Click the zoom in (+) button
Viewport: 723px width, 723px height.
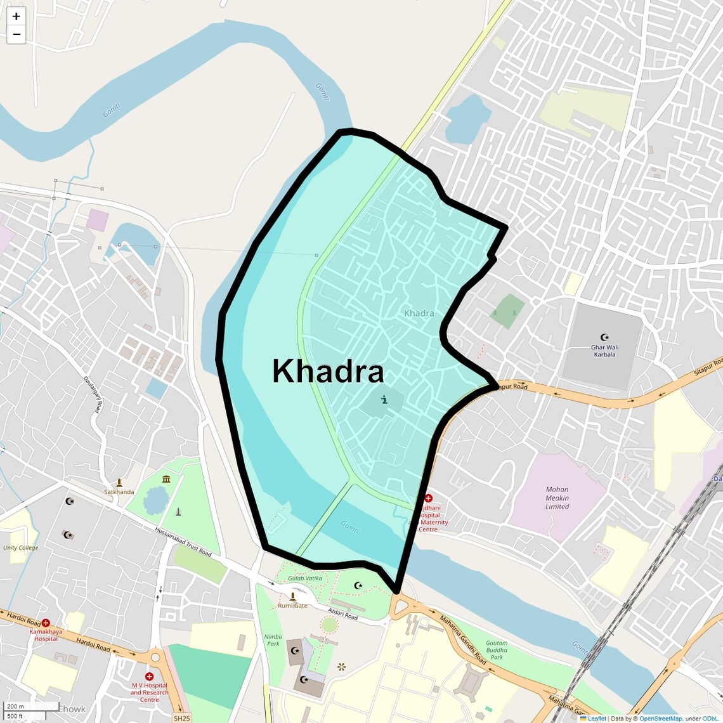click(16, 16)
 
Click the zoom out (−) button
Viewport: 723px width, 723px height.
click(16, 34)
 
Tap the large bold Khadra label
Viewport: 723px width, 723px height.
click(328, 372)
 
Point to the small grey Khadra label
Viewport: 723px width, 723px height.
click(419, 313)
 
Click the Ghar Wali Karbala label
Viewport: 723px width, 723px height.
click(604, 351)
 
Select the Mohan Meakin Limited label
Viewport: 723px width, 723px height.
click(557, 498)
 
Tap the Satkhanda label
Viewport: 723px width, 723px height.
click(119, 492)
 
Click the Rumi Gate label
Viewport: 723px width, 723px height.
click(292, 606)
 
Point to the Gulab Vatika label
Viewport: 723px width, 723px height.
click(305, 578)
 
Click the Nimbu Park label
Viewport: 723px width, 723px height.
click(273, 640)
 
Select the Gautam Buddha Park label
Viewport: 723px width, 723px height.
click(497, 650)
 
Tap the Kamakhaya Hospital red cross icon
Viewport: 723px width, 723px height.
click(46, 623)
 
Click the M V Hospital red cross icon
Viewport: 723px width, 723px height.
click(149, 677)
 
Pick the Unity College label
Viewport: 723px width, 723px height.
click(20, 548)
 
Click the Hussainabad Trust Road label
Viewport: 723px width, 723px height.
click(183, 542)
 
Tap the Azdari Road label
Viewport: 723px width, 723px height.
click(342, 613)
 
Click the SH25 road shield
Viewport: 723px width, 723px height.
click(182, 718)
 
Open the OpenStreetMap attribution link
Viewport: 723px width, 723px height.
click(660, 719)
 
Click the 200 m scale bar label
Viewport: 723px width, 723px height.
click(16, 707)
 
